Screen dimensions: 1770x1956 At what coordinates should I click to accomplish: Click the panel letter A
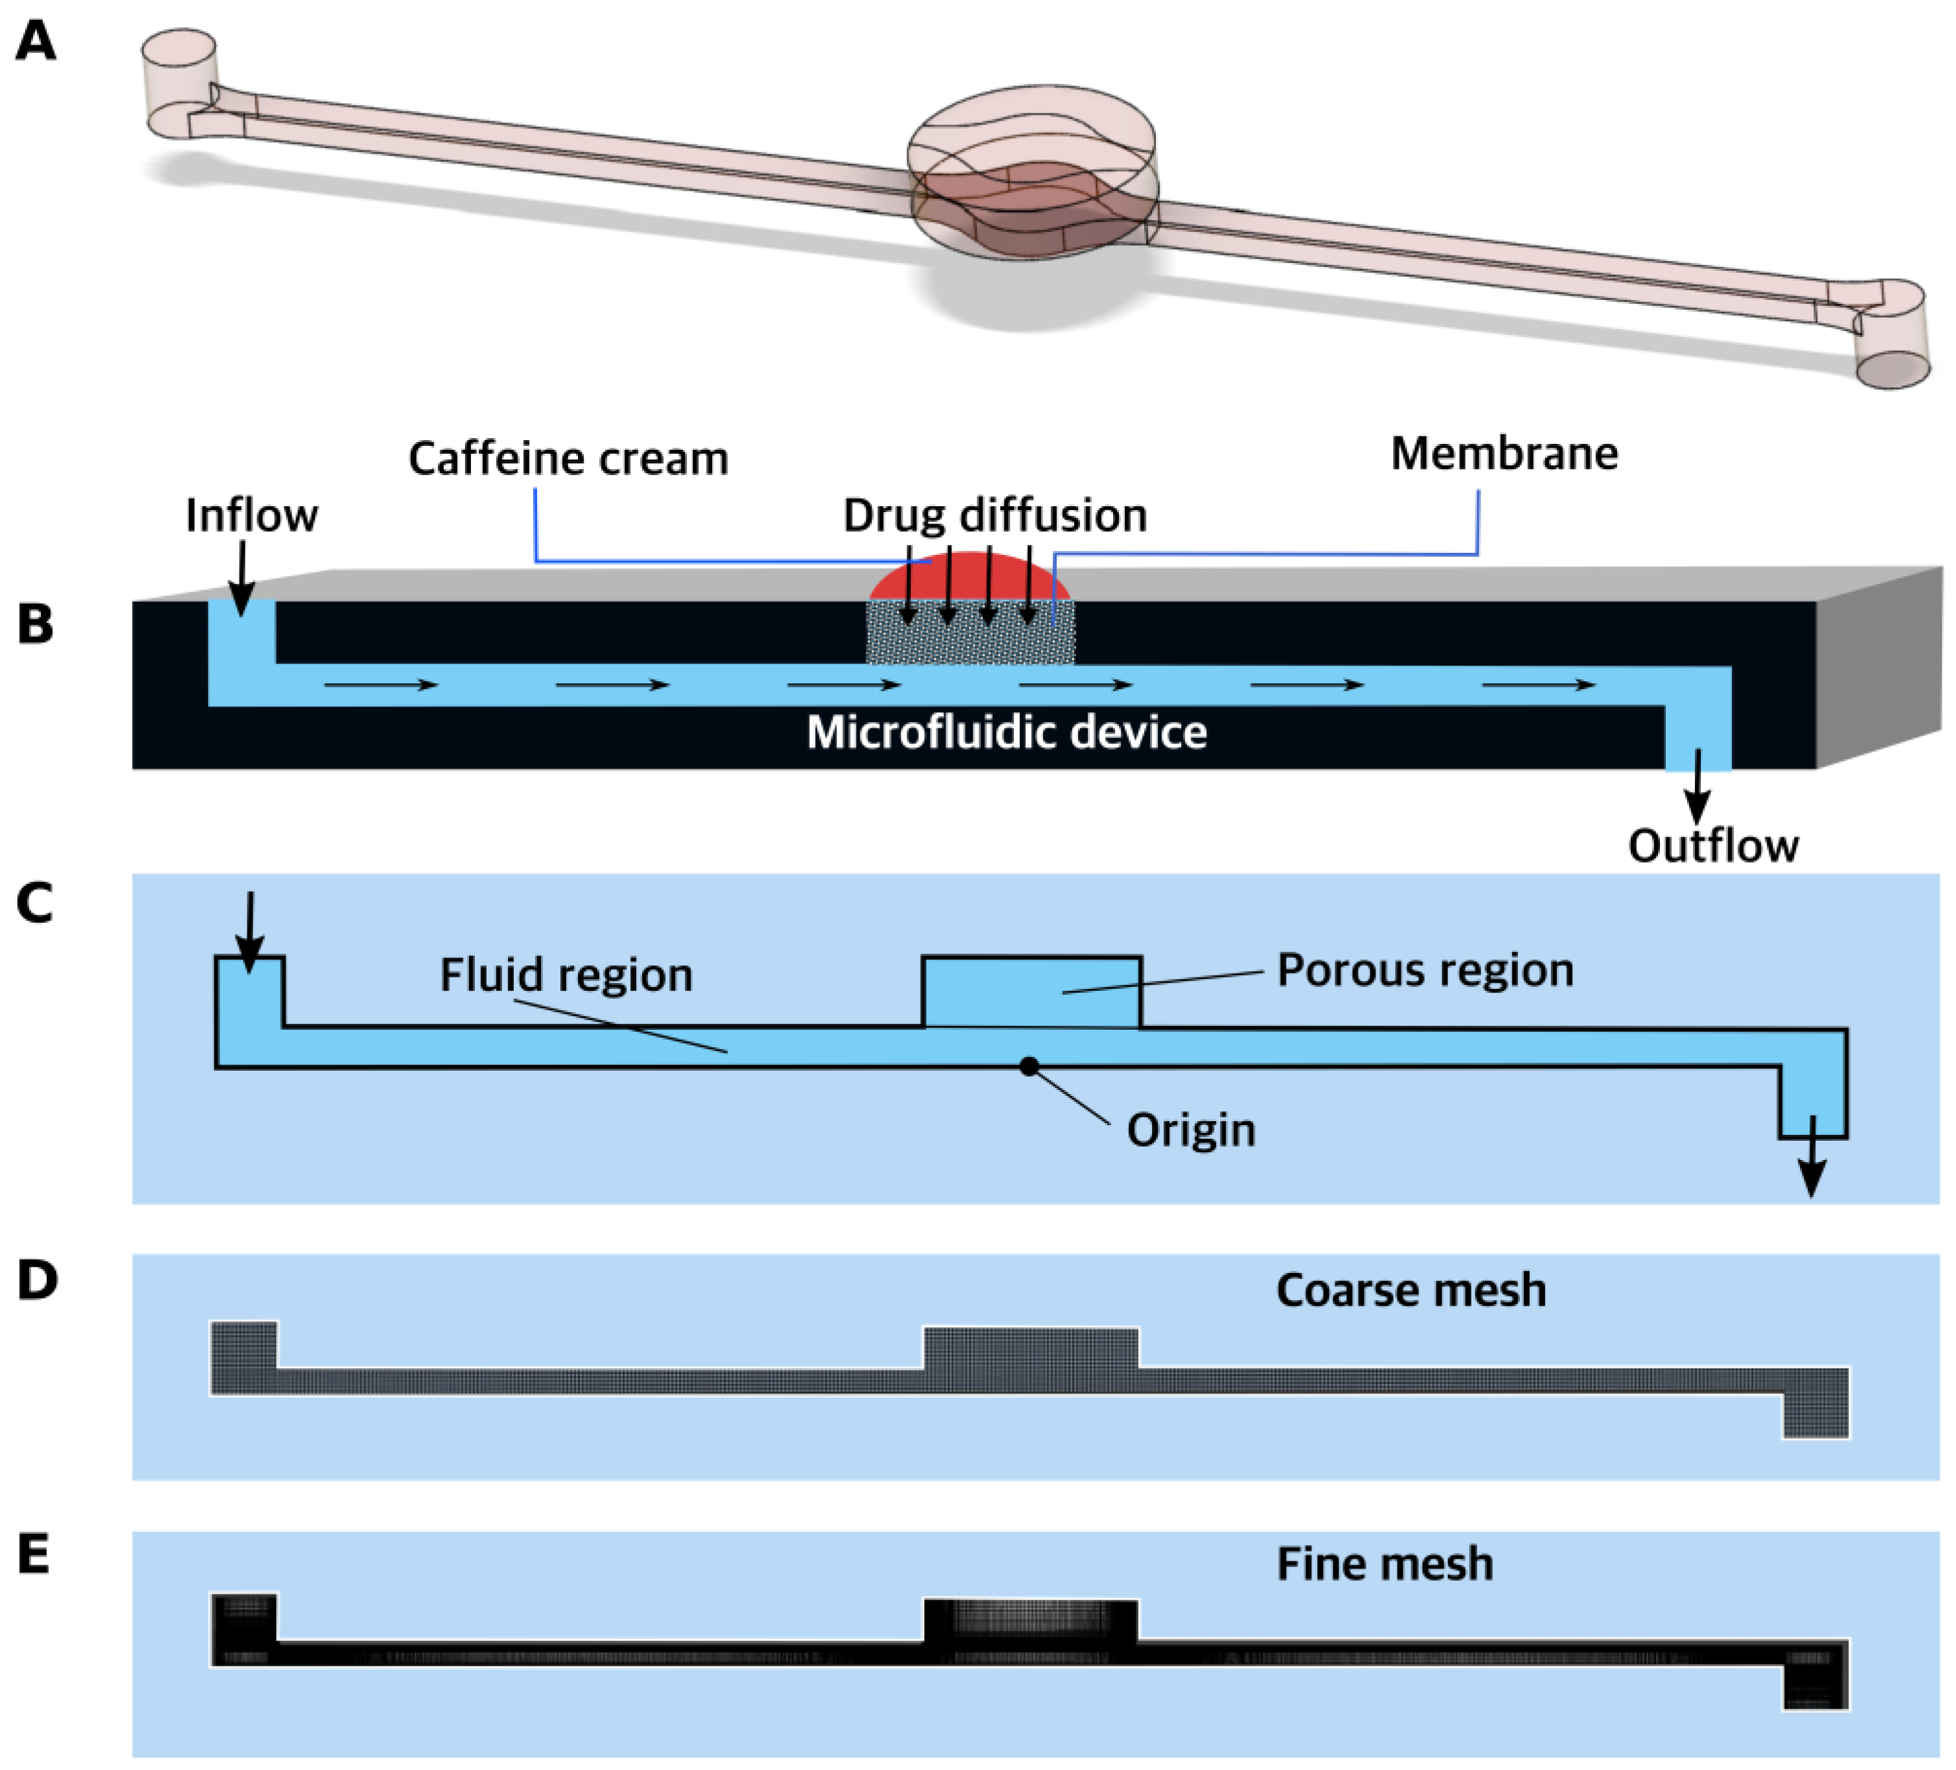point(36,43)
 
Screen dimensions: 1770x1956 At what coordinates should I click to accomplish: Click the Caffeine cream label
point(568,459)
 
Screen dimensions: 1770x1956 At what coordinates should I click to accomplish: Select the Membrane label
point(1504,454)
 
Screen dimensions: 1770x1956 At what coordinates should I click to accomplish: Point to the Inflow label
point(251,515)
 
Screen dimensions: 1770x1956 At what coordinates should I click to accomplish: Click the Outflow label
point(1712,846)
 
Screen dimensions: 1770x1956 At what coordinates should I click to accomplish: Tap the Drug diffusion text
point(995,515)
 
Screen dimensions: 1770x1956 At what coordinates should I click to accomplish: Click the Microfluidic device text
point(1006,732)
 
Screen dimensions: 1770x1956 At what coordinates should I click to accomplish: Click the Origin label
point(1190,1130)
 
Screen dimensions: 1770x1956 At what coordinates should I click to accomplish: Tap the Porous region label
point(1424,970)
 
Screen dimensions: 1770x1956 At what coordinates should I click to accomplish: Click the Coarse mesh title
point(1410,1290)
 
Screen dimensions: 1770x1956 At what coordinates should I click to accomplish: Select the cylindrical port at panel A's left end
point(179,82)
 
